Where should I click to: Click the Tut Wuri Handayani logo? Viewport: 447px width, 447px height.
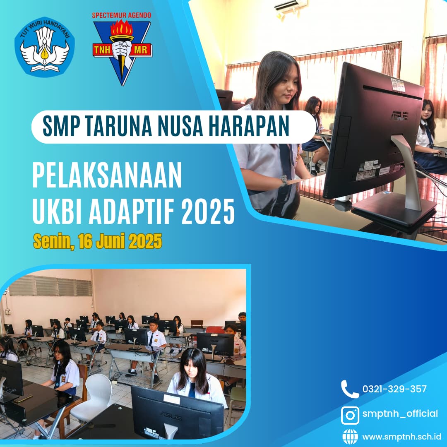tap(44, 46)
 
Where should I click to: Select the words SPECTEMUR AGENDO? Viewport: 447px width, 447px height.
tap(121, 15)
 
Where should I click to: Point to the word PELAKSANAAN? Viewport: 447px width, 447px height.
tap(107, 175)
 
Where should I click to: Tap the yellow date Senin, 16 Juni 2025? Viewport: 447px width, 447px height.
tap(98, 241)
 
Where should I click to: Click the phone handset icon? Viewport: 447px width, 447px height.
tap(350, 389)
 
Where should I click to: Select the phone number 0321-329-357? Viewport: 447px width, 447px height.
tap(394, 389)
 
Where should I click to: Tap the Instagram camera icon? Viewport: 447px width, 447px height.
tap(350, 416)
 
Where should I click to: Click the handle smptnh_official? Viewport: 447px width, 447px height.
tap(400, 413)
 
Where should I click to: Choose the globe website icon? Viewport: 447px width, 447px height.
tap(350, 437)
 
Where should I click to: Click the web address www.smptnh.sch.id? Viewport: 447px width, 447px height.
tap(401, 437)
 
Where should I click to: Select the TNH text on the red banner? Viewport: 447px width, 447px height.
tap(102, 50)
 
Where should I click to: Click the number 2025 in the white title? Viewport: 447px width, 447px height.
tap(208, 211)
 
